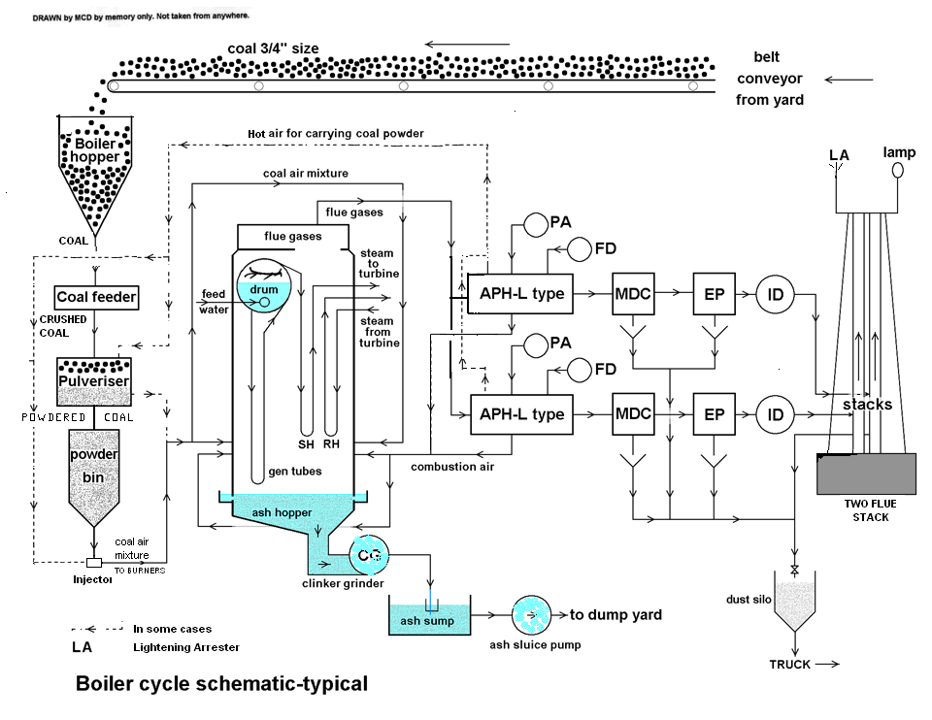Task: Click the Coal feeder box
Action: tap(96, 297)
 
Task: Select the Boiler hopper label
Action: tap(94, 150)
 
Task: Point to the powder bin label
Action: tap(93, 466)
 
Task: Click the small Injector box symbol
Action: tap(93, 563)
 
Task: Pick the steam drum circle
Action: tap(263, 297)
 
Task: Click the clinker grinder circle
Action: tap(369, 555)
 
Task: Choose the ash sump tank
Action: tap(427, 619)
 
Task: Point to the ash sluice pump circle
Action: tap(532, 614)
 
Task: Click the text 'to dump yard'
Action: tap(616, 614)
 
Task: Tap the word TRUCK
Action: tap(789, 665)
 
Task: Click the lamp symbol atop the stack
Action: tap(898, 170)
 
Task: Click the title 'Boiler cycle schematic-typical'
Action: tap(221, 683)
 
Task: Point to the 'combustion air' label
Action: tap(452, 467)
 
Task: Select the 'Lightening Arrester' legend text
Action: tap(185, 647)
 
